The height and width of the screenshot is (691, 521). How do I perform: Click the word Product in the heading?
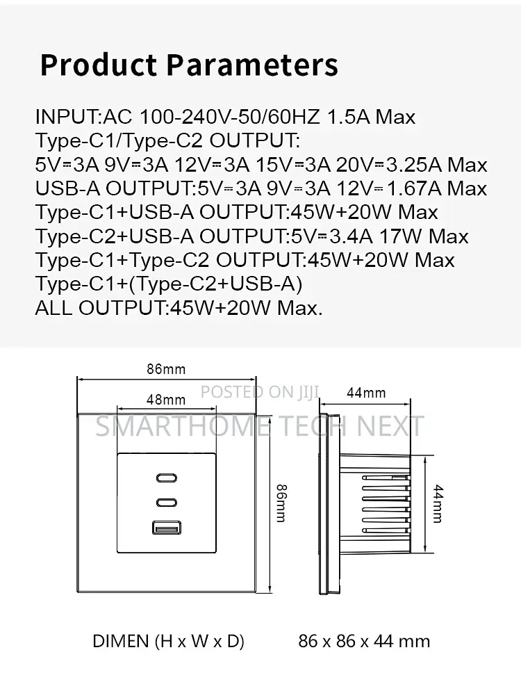point(98,65)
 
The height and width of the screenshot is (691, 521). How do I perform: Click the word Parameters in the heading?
point(252,65)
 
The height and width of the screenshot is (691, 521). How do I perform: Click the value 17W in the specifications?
point(400,236)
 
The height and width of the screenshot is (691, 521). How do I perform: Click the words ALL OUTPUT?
point(100,307)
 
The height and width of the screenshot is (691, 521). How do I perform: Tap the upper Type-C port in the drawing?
point(167,478)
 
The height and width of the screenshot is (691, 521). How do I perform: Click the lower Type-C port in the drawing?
point(167,503)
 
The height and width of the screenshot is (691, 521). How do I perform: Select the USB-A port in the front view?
point(167,528)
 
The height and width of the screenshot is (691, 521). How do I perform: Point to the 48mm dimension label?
point(166,400)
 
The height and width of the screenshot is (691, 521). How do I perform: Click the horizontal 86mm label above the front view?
point(166,369)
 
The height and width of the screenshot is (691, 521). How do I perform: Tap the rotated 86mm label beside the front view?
point(281,503)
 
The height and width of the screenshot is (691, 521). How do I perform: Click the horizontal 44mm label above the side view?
point(366,393)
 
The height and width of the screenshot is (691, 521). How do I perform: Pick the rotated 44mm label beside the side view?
point(438,503)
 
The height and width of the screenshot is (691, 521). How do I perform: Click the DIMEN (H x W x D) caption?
point(168,641)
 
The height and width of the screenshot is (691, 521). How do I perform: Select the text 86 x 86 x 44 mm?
point(364,641)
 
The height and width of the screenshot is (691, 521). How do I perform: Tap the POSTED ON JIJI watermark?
point(260,392)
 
